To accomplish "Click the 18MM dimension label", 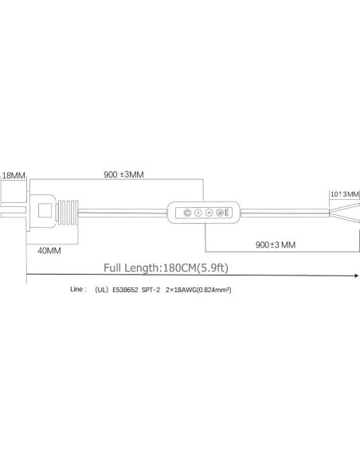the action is pos(14,175).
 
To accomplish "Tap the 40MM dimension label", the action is pos(49,251).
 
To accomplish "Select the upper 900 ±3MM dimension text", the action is pos(123,174).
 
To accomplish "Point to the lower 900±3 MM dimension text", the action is pos(276,244).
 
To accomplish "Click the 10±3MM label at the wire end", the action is pos(345,194).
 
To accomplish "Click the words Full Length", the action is pos(131,268).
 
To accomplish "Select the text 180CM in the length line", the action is pos(180,268).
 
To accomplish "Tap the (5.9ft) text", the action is pos(213,268).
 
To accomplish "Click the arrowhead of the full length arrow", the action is pos(357,275).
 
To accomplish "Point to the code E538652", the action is pos(125,290).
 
